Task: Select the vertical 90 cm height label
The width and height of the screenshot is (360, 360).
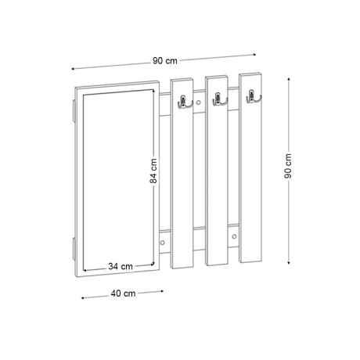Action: click(289, 165)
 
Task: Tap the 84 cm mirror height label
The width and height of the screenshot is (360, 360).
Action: click(153, 167)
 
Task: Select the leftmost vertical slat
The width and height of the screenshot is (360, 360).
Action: click(182, 172)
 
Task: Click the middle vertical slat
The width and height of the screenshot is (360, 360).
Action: click(217, 172)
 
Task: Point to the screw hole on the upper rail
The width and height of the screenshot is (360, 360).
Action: click(199, 102)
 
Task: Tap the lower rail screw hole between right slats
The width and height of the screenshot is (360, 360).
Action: click(234, 236)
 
